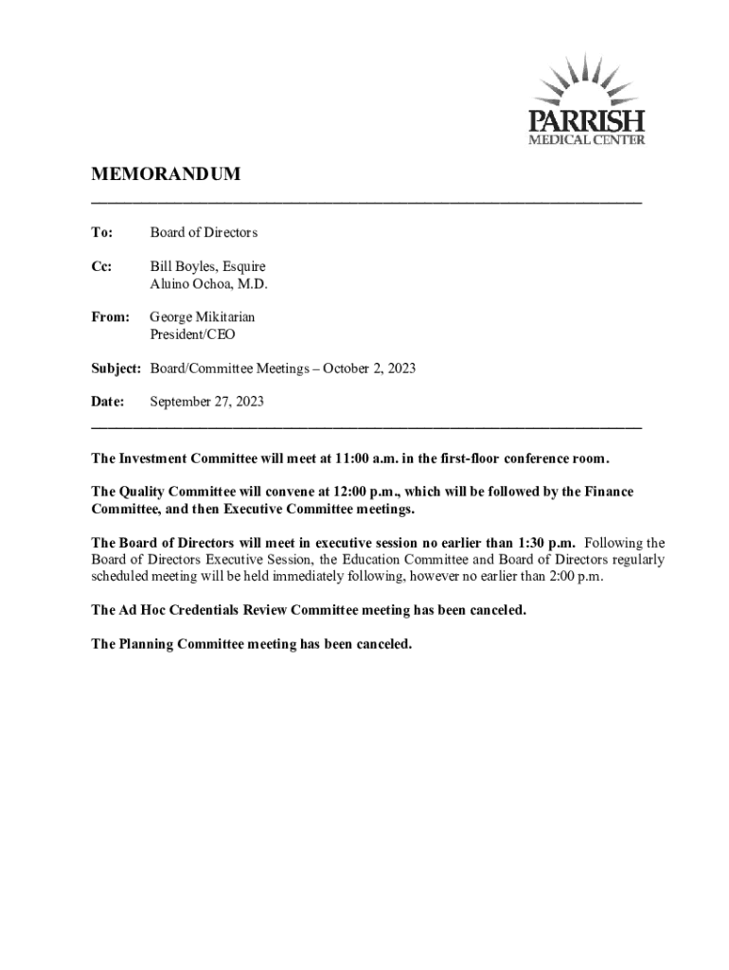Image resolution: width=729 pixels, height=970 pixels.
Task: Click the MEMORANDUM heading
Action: [x=166, y=174]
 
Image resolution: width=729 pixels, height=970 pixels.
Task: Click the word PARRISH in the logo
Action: [x=587, y=122]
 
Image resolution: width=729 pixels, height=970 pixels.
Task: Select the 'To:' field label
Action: [x=101, y=232]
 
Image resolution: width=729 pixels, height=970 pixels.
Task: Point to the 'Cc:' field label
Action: [x=101, y=267]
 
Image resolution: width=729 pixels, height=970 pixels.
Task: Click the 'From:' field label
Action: [x=110, y=317]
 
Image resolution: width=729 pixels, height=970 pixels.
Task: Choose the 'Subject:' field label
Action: [x=116, y=368]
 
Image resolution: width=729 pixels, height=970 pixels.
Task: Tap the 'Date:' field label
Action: [x=108, y=402]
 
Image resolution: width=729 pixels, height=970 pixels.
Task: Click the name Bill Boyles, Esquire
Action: [x=208, y=267]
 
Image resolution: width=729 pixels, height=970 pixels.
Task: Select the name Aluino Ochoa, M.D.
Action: [x=209, y=284]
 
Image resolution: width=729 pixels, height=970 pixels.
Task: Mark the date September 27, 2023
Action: [x=207, y=402]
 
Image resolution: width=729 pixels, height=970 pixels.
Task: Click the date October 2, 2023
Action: [x=369, y=368]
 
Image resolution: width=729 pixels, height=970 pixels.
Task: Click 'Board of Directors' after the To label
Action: [x=204, y=232]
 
